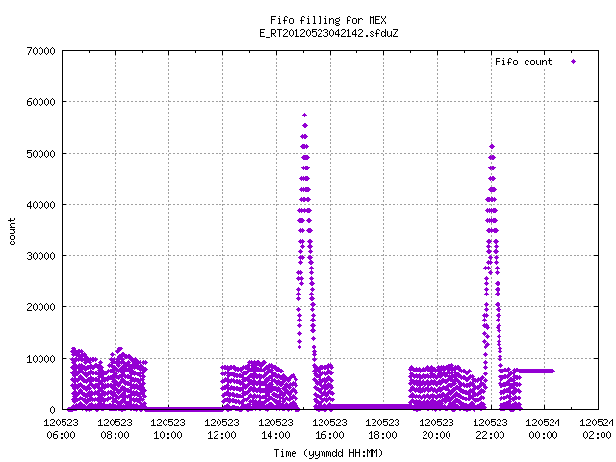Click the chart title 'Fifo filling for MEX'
(x=328, y=20)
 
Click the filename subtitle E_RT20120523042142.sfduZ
(x=328, y=33)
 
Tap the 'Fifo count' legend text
(x=524, y=62)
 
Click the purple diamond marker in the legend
(x=574, y=62)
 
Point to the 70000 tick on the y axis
(x=40, y=51)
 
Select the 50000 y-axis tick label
(x=40, y=154)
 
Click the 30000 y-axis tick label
(x=40, y=256)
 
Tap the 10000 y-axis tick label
(x=40, y=359)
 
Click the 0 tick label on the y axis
(x=52, y=410)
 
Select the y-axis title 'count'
(x=12, y=232)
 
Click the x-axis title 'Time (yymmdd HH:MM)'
(x=328, y=453)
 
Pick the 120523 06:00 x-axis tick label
(x=62, y=428)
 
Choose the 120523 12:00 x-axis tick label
(x=221, y=428)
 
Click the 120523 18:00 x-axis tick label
(x=382, y=428)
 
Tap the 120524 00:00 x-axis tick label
(x=543, y=428)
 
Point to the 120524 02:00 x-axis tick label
(x=597, y=428)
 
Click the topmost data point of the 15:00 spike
(x=304, y=115)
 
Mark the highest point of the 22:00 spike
(x=492, y=147)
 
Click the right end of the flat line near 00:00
(x=553, y=371)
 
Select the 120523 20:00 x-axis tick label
(x=436, y=428)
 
